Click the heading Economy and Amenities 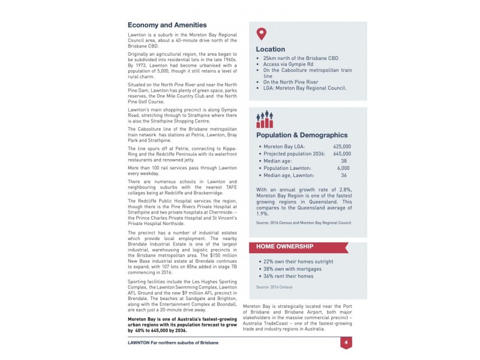tap(167, 25)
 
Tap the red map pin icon tap(261, 34)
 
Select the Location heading tap(271, 49)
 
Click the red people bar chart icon tap(265, 119)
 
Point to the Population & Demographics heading tap(302, 136)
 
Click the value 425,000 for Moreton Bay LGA tap(342, 146)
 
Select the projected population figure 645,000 tap(342, 154)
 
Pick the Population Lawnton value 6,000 tap(344, 168)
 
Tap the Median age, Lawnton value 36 tap(344, 175)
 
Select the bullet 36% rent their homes tap(288, 276)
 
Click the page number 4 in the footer tap(346, 343)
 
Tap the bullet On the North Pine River tap(290, 82)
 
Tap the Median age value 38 tap(344, 161)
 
